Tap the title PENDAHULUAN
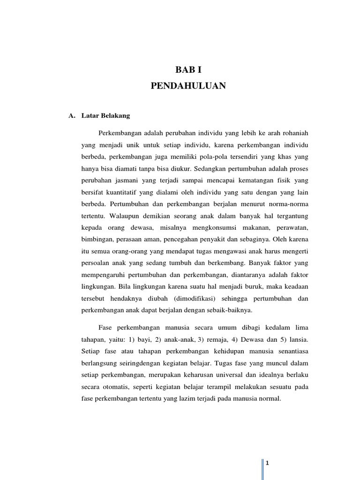[188, 86]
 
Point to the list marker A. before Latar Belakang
[72, 115]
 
